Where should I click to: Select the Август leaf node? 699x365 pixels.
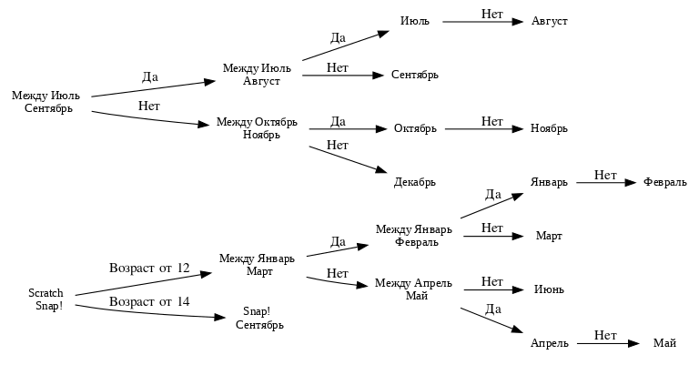pyautogui.click(x=549, y=20)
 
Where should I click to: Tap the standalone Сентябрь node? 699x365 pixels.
pyautogui.click(x=415, y=75)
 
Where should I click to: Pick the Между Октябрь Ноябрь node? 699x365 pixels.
pyautogui.click(x=257, y=128)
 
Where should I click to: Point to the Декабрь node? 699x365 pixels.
pyautogui.click(x=415, y=182)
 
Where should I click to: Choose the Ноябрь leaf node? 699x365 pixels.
pyautogui.click(x=549, y=128)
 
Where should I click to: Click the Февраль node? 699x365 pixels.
pyautogui.click(x=664, y=182)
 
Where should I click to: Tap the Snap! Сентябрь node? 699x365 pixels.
pyautogui.click(x=257, y=318)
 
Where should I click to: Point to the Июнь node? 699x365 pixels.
pyautogui.click(x=549, y=289)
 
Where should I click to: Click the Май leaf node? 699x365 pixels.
pyautogui.click(x=664, y=343)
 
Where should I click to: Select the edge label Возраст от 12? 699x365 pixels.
pyautogui.click(x=149, y=269)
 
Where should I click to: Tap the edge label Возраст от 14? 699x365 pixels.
pyautogui.click(x=149, y=301)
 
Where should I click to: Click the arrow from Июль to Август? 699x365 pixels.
pyautogui.click(x=481, y=20)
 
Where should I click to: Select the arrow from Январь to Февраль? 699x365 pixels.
pyautogui.click(x=605, y=182)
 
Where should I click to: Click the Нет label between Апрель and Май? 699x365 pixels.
pyautogui.click(x=605, y=336)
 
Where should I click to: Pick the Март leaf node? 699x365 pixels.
pyautogui.click(x=549, y=236)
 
